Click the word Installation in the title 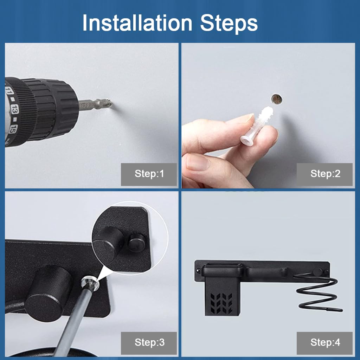[x=137, y=23]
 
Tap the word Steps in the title [x=229, y=23]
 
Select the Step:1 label [x=149, y=174]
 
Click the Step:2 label [x=325, y=174]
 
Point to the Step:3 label [x=149, y=342]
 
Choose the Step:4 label [x=325, y=342]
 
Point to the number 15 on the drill [x=13, y=129]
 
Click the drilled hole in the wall [x=277, y=99]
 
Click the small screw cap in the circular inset [x=136, y=243]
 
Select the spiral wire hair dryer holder [x=318, y=290]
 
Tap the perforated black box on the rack [x=222, y=296]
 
